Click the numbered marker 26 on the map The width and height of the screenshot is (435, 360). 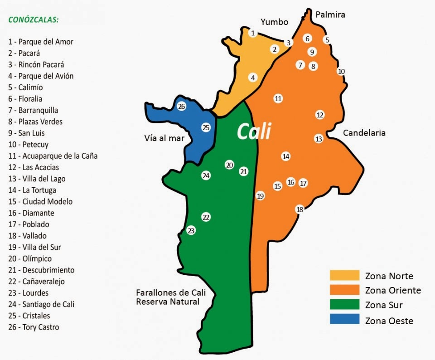(x=182, y=107)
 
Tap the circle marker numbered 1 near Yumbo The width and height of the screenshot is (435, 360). (x=253, y=33)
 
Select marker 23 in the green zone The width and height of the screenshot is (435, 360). (x=191, y=230)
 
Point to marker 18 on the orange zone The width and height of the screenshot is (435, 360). (x=300, y=209)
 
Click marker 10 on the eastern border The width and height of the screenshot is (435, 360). (x=341, y=71)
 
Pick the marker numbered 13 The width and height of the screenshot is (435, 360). (x=319, y=139)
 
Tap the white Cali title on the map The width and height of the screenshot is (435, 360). (x=254, y=131)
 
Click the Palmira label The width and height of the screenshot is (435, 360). (x=330, y=15)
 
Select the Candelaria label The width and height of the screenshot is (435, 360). (x=364, y=133)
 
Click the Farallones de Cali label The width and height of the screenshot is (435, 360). (x=168, y=292)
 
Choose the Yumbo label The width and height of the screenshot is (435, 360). (x=274, y=22)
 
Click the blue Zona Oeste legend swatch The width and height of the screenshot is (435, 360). (x=344, y=320)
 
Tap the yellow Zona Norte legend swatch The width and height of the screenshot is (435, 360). (x=344, y=276)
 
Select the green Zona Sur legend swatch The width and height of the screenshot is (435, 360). (x=344, y=305)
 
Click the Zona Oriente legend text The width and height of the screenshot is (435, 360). (x=393, y=290)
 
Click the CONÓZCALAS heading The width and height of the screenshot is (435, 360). (x=34, y=20)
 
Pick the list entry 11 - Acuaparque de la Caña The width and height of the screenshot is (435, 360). (x=53, y=156)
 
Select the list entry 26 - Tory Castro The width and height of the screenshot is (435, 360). (x=34, y=327)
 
